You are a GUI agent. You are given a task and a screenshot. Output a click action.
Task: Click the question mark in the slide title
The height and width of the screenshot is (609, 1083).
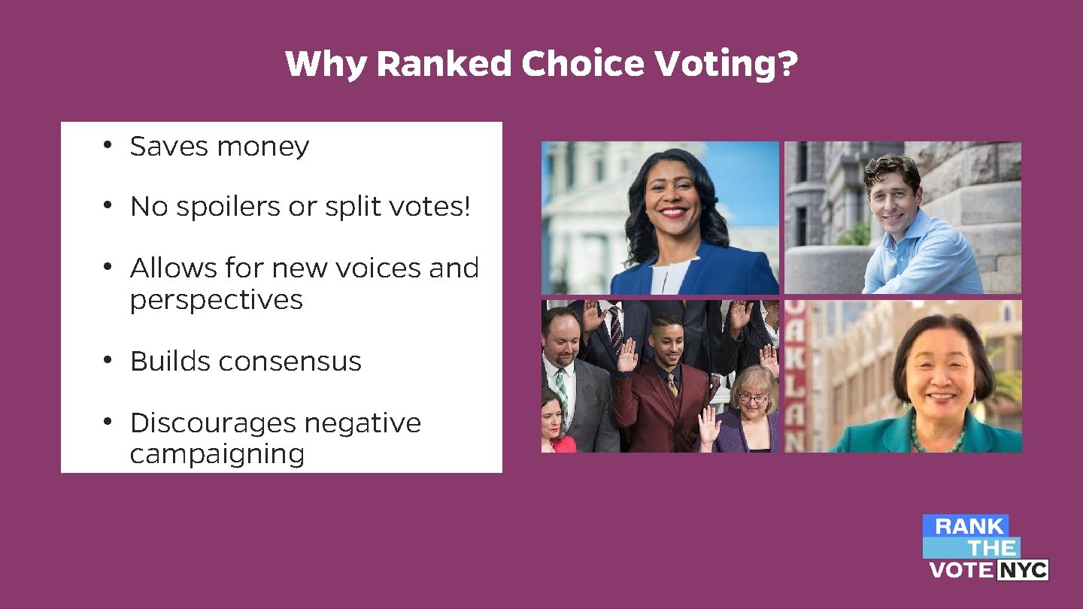click(x=787, y=65)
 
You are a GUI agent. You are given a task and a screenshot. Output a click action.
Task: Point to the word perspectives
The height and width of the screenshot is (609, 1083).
click(x=216, y=301)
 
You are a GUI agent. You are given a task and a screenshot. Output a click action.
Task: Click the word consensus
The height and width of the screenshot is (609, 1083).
click(x=291, y=362)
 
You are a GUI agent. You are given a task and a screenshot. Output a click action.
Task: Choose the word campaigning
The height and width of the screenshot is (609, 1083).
click(x=217, y=455)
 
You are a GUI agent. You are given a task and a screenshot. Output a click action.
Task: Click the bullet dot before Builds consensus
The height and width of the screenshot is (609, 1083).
click(x=108, y=360)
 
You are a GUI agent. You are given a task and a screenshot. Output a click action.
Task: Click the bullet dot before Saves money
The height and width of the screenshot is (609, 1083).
click(x=108, y=144)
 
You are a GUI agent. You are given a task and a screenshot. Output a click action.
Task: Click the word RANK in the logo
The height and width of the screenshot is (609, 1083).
click(x=969, y=526)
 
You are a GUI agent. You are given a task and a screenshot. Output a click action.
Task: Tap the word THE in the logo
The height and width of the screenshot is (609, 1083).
click(x=991, y=548)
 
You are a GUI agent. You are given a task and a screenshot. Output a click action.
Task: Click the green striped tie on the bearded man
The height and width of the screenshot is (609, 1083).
click(x=562, y=390)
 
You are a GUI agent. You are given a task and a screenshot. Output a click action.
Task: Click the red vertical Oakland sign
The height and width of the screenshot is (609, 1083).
click(x=795, y=376)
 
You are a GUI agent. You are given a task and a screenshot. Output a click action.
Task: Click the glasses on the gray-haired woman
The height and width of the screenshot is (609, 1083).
click(x=752, y=397)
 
